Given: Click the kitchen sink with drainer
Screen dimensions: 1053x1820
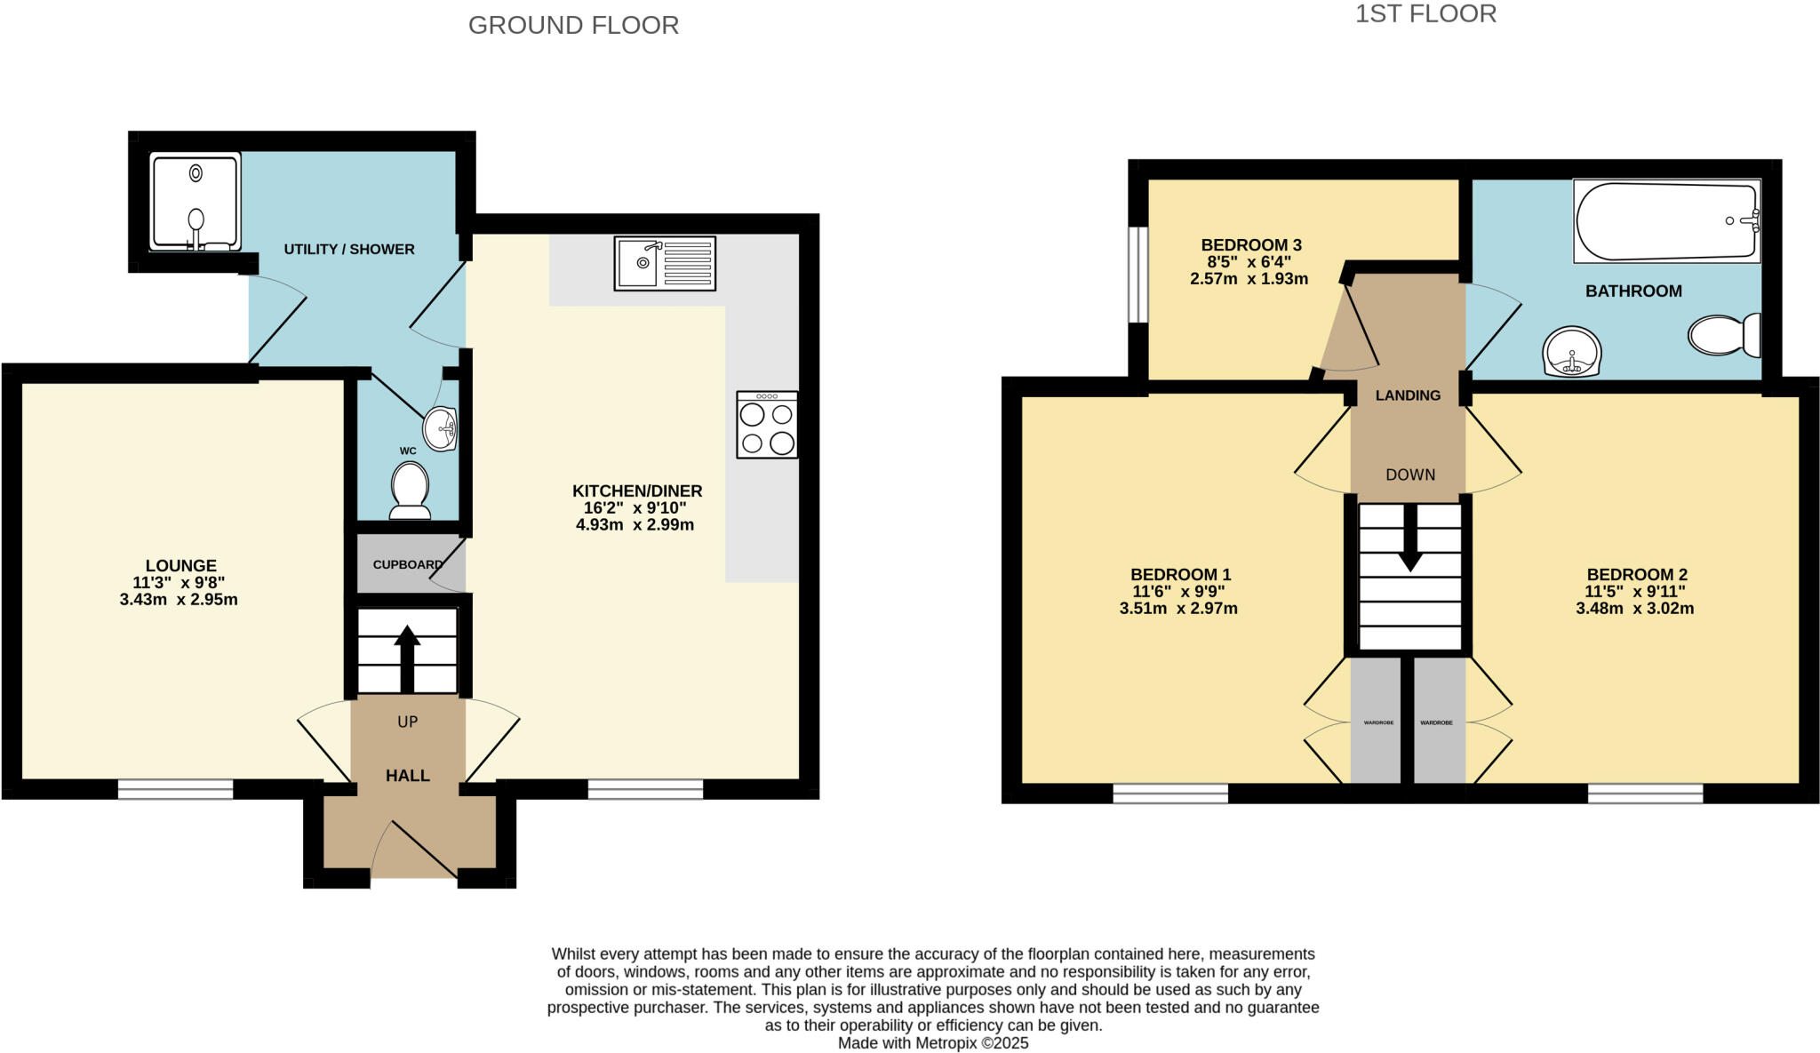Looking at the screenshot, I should (x=665, y=263).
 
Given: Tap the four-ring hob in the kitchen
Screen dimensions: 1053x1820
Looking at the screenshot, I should (x=767, y=426).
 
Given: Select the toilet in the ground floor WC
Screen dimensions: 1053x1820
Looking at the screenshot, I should (x=410, y=491).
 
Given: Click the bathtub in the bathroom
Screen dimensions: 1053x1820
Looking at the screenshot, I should (x=1666, y=221).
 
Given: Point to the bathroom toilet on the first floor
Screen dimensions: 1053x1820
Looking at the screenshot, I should (x=1724, y=335).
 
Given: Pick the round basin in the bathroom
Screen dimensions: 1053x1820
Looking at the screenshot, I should (x=1572, y=352).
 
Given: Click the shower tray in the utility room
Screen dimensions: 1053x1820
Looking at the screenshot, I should (x=196, y=202).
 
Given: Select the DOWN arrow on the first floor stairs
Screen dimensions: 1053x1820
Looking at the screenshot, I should (x=1410, y=546).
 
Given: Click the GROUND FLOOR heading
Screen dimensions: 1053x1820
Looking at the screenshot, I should (x=573, y=25).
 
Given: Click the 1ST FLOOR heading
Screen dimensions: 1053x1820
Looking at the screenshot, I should (x=1425, y=13).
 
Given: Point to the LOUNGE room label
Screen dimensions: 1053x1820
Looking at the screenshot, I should (x=180, y=565).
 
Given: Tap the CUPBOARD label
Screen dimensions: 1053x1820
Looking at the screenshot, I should (x=407, y=564).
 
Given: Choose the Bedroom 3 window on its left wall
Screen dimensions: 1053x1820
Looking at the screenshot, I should (x=1137, y=275).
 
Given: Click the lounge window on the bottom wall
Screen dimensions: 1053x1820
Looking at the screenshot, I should (x=175, y=789).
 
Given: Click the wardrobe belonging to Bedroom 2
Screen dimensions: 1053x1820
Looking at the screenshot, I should (x=1438, y=722).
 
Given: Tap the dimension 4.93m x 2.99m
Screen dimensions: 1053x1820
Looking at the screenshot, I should (x=635, y=525).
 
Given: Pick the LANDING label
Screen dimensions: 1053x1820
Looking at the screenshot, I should (x=1408, y=395).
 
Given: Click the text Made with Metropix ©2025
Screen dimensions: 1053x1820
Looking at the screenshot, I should (x=933, y=1043).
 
